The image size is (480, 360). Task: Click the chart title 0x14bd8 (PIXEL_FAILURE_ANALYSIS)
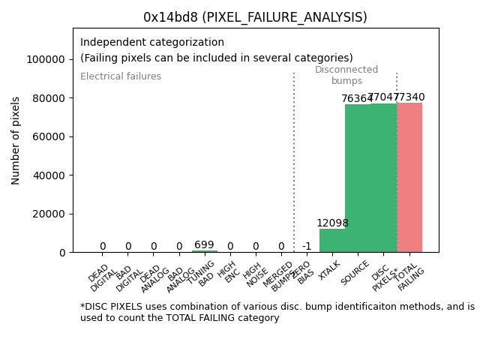pyautogui.click(x=255, y=17)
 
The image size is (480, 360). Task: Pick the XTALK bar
pyautogui.click(x=332, y=241)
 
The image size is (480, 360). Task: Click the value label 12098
pyautogui.click(x=332, y=223)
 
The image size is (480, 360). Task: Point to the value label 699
pyautogui.click(x=204, y=245)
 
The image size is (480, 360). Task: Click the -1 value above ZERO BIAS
pyautogui.click(x=307, y=247)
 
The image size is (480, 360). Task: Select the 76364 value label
pyautogui.click(x=356, y=99)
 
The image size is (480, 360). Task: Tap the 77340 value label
pyautogui.click(x=409, y=97)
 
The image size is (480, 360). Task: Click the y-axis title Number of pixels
pyautogui.click(x=16, y=140)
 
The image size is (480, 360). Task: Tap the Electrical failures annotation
pyautogui.click(x=121, y=76)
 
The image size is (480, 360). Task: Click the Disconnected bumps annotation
pyautogui.click(x=346, y=76)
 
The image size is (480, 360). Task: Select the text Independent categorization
pyautogui.click(x=152, y=43)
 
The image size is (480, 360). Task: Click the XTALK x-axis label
pyautogui.click(x=329, y=271)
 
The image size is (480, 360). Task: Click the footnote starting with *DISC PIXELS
pyautogui.click(x=277, y=312)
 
